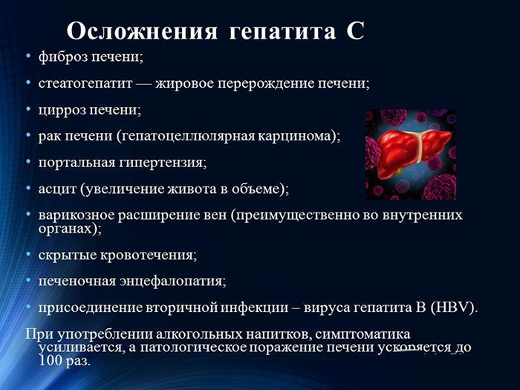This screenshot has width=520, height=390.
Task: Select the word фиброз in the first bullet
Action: [61, 57]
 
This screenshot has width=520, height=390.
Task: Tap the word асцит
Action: [55, 189]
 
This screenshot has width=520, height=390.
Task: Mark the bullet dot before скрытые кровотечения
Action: [28, 255]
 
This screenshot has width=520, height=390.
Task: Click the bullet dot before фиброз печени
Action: [28, 57]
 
